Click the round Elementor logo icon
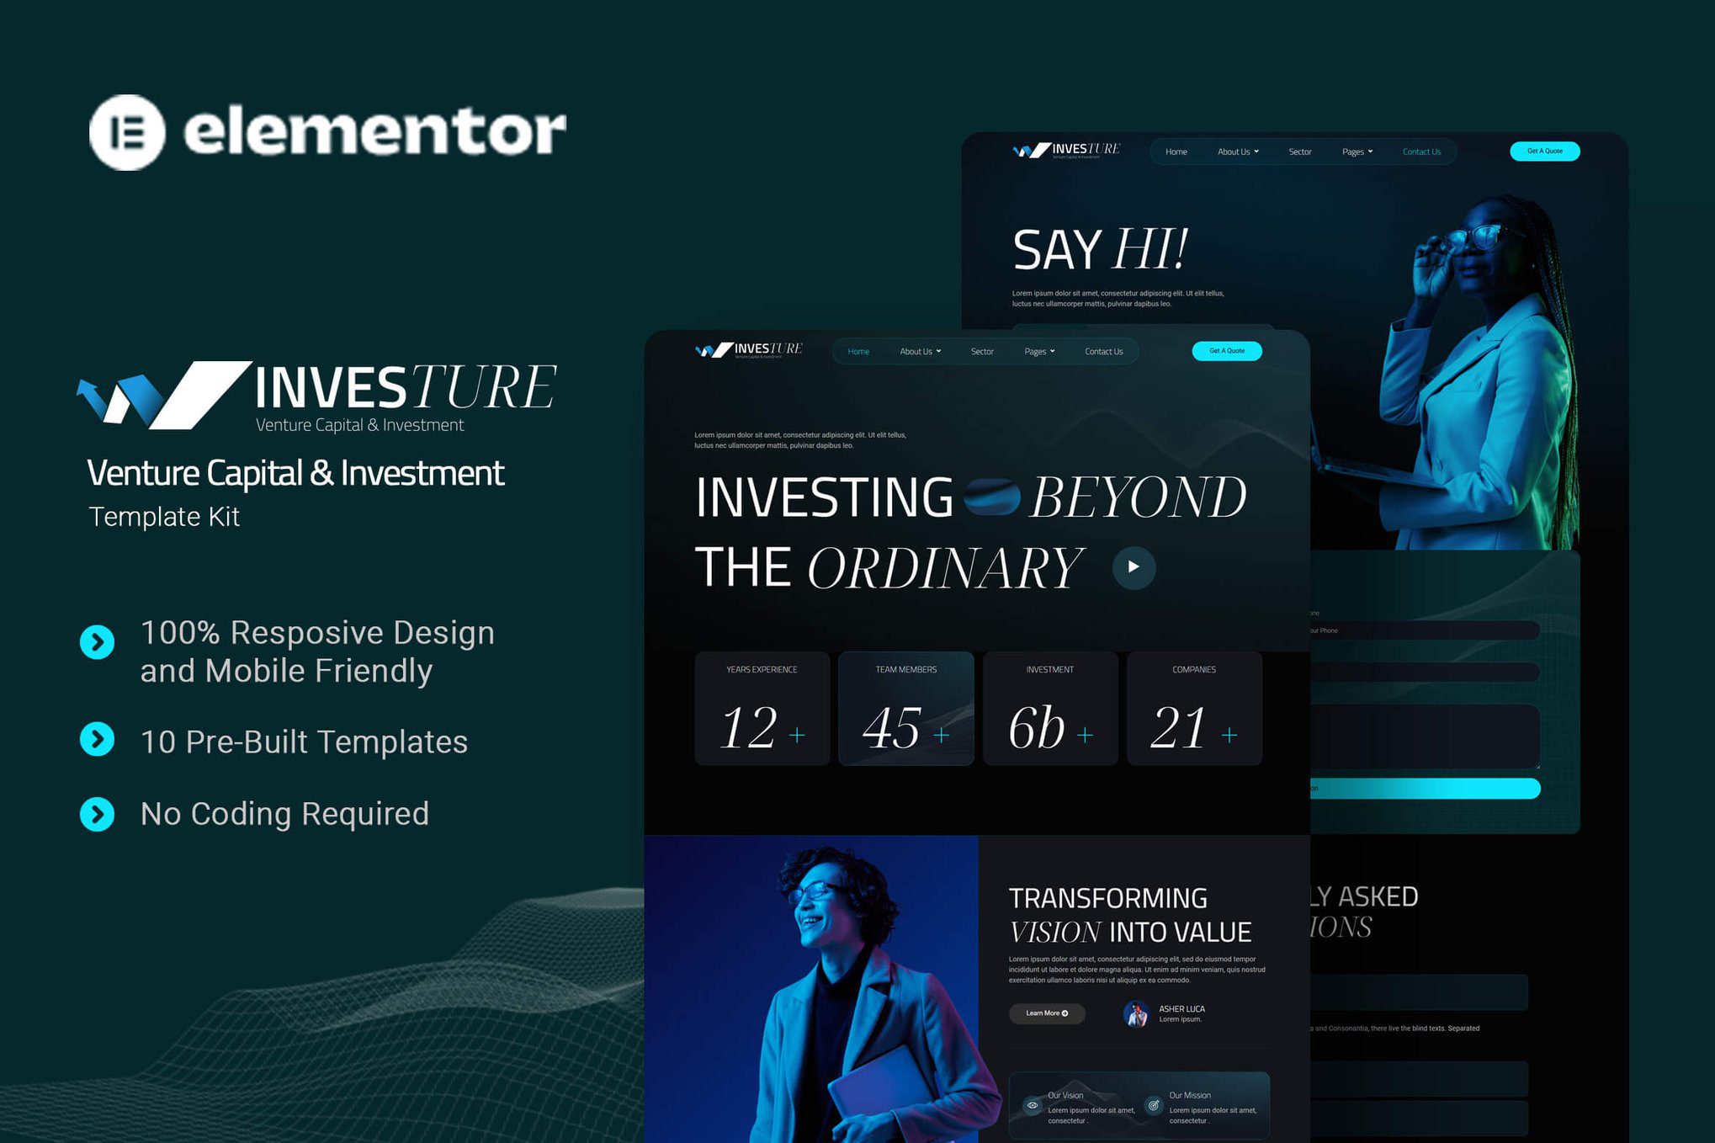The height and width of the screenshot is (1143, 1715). [x=127, y=132]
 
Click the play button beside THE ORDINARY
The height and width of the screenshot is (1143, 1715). [x=1134, y=567]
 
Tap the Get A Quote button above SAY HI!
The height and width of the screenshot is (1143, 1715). [x=1544, y=152]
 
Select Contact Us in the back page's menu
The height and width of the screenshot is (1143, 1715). [x=1421, y=152]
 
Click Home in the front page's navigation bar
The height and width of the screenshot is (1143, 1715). [x=858, y=352]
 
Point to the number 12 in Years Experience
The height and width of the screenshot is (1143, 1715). [x=748, y=728]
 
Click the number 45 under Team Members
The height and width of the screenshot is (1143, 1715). [x=892, y=728]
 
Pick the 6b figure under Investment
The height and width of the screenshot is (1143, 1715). [x=1037, y=728]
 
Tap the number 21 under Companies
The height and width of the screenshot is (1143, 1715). [x=1178, y=728]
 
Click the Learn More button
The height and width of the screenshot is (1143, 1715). [x=1047, y=1013]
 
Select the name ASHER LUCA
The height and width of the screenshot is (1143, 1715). [x=1181, y=1008]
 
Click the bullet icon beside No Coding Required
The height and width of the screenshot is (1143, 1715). [x=98, y=815]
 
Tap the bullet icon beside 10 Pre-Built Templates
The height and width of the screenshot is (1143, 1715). [x=98, y=740]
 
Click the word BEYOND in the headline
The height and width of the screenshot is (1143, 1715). [x=1138, y=498]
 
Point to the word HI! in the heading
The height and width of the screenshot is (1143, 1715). [x=1150, y=249]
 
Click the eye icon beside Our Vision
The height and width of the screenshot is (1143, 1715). [x=1033, y=1105]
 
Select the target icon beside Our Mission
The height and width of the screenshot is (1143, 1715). [x=1154, y=1105]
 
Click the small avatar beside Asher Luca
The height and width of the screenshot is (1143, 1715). [x=1136, y=1014]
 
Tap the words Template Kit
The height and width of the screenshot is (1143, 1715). [x=165, y=517]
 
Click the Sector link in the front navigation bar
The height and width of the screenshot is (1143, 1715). [x=982, y=352]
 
